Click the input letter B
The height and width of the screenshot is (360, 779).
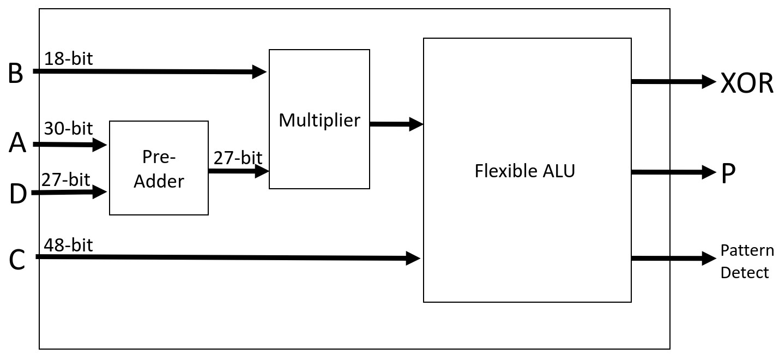tap(16, 73)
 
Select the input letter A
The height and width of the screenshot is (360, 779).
tap(17, 142)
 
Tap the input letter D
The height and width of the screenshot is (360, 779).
tap(18, 194)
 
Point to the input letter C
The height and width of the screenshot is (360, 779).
tap(17, 260)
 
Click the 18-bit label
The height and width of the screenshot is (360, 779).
tap(69, 58)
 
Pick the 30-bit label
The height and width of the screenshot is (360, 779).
tap(69, 128)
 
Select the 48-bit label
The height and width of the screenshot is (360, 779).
tap(69, 245)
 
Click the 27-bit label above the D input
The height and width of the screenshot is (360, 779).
tap(66, 180)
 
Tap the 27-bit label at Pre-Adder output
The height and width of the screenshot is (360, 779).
tap(238, 158)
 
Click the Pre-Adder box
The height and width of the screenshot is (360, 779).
tap(159, 168)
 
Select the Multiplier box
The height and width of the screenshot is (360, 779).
tap(319, 119)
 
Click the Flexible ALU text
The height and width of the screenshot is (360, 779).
tap(525, 171)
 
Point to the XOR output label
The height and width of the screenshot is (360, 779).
tap(747, 83)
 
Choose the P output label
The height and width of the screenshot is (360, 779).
tap(728, 173)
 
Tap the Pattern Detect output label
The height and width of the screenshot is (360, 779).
tap(747, 262)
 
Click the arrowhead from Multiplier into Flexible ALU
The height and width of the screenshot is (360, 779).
tap(416, 124)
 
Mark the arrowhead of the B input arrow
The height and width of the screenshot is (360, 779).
tap(259, 72)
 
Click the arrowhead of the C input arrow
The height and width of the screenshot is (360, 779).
tap(413, 259)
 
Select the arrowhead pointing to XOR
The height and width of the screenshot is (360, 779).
tap(709, 82)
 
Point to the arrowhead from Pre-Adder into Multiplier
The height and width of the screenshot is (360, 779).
tap(262, 171)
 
